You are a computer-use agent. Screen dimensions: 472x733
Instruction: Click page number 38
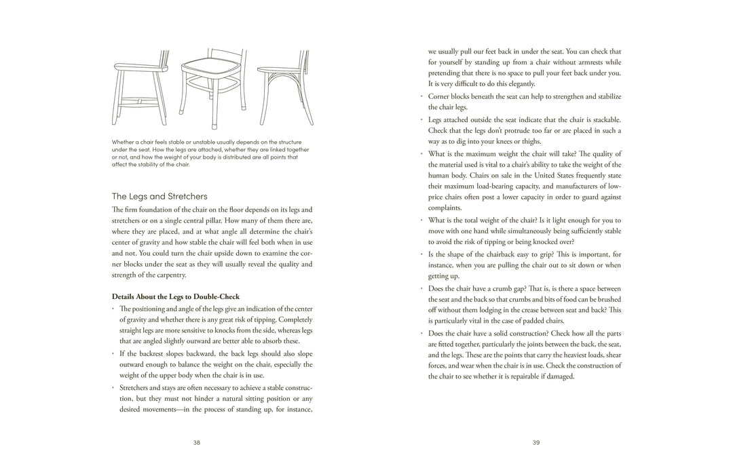[197, 442]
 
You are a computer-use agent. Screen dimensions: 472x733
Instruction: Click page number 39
[536, 442]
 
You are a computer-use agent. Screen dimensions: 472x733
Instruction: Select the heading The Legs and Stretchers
[159, 196]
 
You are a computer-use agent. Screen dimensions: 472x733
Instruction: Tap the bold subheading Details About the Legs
[175, 296]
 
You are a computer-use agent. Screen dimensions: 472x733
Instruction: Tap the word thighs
[531, 141]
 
